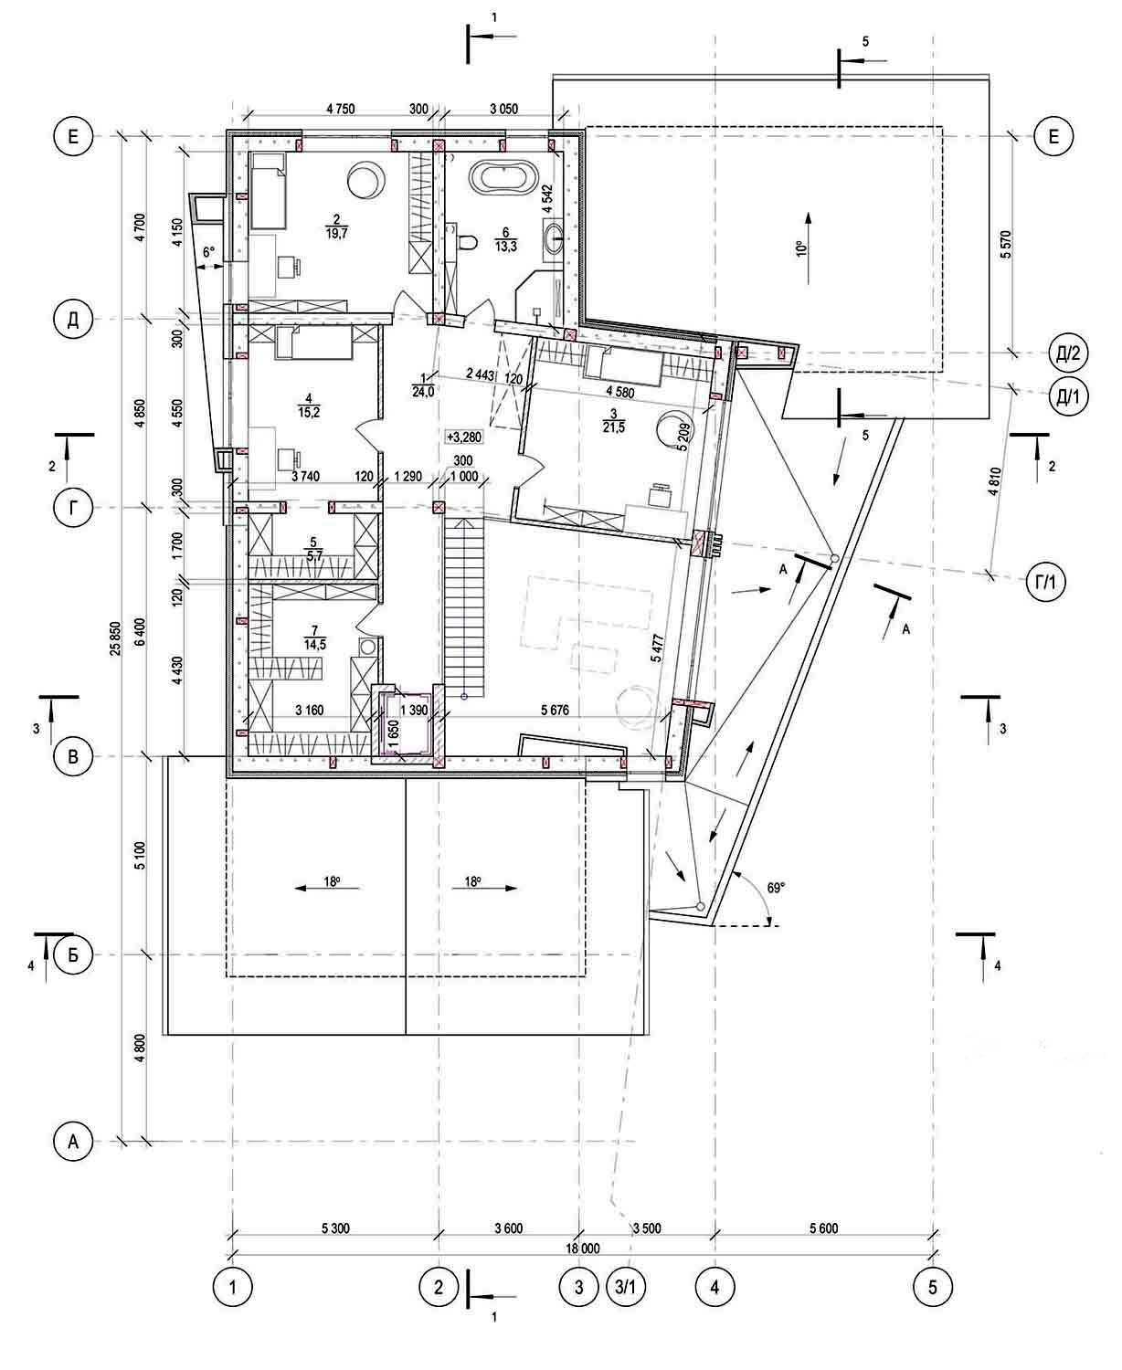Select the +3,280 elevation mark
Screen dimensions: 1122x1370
463,437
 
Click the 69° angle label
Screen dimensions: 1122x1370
775,888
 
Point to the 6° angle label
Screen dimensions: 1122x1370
208,253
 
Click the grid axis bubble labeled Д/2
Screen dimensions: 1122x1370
1067,354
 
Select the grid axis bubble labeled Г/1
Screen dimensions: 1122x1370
1044,583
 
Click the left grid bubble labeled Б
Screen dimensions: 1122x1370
73,955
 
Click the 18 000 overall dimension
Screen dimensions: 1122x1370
582,1249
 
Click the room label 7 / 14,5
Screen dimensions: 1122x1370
314,638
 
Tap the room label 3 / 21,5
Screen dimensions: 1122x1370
614,421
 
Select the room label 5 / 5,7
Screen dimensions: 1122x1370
313,549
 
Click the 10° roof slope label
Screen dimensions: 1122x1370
800,248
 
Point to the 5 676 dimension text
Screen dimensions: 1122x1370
555,710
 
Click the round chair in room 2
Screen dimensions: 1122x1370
365,180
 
